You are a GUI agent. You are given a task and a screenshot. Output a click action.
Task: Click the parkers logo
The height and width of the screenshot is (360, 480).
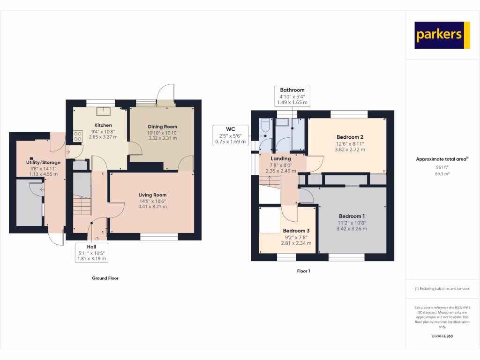442,35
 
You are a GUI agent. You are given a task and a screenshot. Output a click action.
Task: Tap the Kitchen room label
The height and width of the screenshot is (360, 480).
103,125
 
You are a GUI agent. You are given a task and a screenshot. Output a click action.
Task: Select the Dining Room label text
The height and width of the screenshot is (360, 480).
162,127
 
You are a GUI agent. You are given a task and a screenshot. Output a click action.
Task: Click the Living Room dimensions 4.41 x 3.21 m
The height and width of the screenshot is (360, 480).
152,206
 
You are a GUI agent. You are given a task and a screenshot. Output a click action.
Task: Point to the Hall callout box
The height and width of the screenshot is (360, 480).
91,253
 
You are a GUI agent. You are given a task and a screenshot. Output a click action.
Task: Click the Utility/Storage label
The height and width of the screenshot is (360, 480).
43,162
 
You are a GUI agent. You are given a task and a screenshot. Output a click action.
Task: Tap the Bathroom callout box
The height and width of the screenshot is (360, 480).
292,96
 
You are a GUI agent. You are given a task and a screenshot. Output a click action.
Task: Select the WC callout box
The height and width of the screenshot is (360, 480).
230,135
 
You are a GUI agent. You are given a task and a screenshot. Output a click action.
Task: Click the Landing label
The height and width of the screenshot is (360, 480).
281,158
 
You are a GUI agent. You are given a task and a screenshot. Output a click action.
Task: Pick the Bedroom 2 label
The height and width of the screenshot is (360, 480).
350,137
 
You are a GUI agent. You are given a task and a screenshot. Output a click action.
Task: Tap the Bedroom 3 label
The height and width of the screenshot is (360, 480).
296,231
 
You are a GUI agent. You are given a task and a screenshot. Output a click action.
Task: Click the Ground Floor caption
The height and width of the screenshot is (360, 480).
105,278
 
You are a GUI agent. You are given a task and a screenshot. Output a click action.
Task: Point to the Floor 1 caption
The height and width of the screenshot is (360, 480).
303,271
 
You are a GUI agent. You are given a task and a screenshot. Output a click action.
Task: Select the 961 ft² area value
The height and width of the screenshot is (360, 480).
442,167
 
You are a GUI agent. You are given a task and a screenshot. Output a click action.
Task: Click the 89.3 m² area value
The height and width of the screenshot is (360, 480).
442,173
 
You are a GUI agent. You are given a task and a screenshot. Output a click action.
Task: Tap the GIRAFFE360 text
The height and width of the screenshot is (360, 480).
442,336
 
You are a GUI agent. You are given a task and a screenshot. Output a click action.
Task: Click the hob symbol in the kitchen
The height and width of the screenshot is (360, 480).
77,136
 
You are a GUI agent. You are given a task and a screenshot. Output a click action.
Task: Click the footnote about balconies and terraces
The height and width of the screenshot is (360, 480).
442,289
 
